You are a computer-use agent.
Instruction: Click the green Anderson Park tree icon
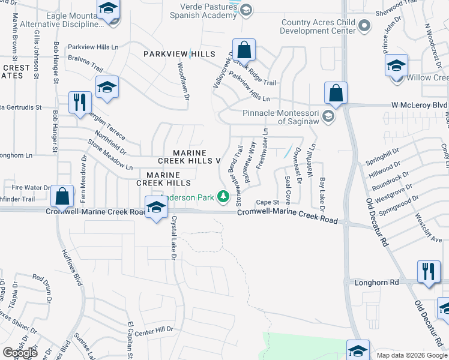pos(223,196)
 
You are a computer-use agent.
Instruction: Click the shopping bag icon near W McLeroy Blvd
pos(336,94)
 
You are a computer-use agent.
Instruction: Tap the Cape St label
pos(268,202)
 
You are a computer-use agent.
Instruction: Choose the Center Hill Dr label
pos(154,329)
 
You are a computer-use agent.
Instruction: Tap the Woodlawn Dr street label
pos(183,82)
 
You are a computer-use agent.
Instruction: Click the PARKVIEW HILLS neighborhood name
pos(179,54)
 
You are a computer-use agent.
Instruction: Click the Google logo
pos(20,352)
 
